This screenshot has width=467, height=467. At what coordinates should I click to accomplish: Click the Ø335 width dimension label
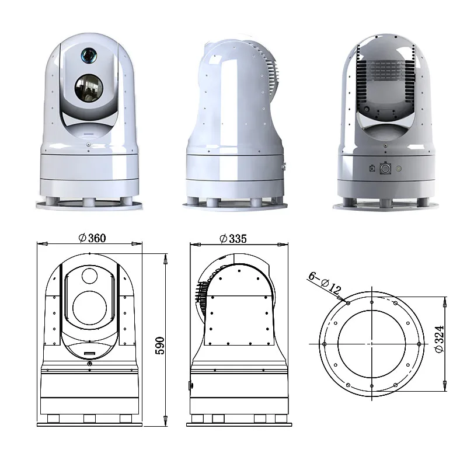[x=233, y=238]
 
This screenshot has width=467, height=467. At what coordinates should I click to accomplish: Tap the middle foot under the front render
[x=88, y=201]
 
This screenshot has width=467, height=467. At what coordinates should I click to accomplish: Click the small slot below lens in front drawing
[x=89, y=354]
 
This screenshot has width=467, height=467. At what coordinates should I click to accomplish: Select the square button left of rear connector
[x=372, y=169]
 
